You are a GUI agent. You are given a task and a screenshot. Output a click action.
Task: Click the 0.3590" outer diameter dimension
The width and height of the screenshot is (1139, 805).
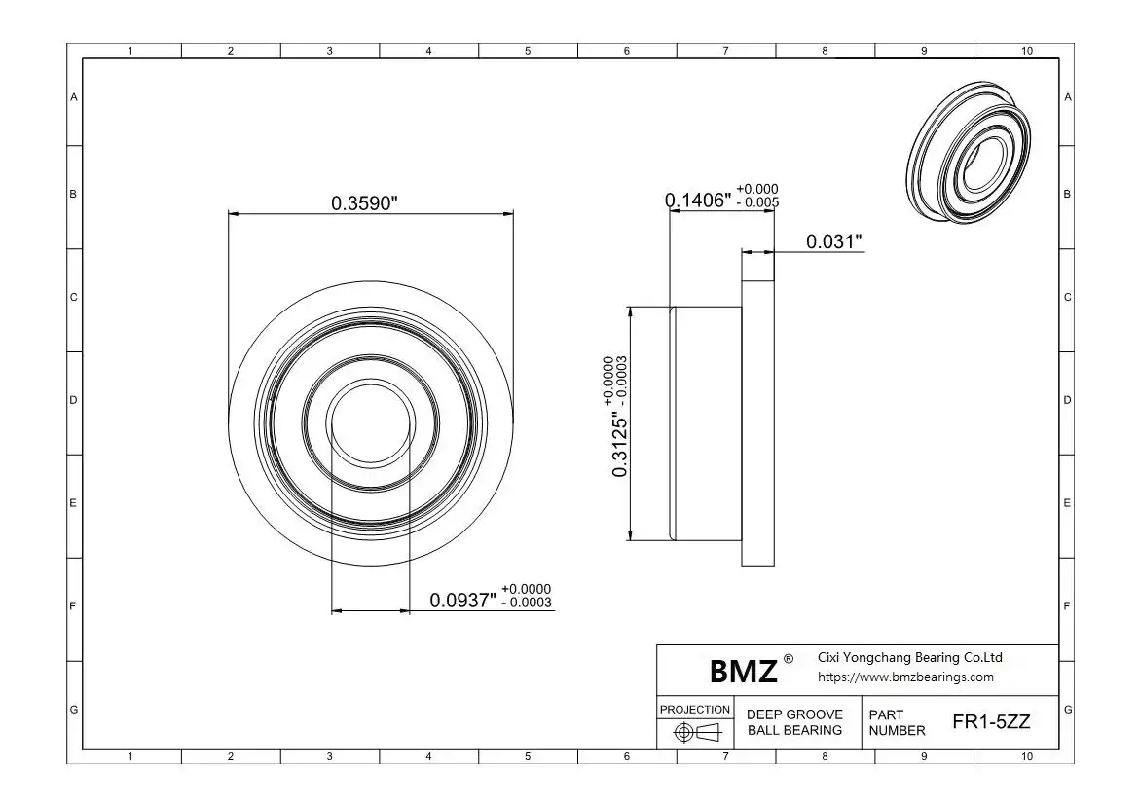365,203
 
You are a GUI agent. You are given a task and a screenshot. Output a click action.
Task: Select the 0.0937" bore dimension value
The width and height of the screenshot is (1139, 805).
462,601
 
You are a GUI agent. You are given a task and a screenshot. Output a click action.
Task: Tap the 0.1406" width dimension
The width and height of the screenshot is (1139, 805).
698,200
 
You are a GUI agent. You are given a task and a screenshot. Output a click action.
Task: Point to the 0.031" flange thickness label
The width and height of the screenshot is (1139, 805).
834,241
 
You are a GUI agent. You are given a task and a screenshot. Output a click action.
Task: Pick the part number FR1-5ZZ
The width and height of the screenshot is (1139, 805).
991,722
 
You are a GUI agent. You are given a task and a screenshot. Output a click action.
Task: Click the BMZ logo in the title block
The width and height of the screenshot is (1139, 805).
743,672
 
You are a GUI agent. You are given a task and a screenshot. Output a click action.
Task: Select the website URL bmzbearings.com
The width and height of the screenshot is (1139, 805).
905,677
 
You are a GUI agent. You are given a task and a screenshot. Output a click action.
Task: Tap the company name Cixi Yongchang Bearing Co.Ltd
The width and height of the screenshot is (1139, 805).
909,657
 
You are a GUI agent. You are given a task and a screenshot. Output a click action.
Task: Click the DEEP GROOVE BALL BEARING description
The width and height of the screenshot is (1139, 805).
794,722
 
